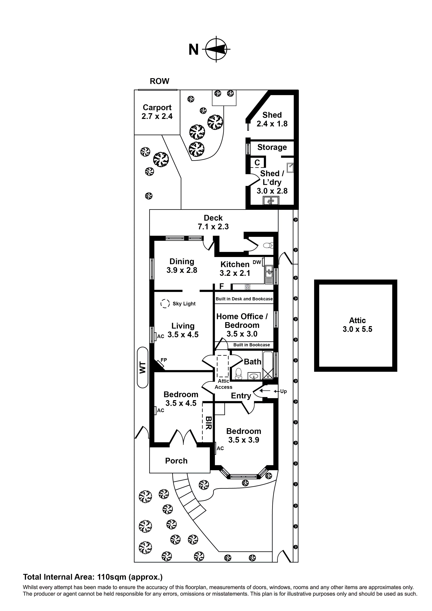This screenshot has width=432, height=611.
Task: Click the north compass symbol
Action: (x=216, y=49)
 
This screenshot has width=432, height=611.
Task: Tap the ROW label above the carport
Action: (x=159, y=81)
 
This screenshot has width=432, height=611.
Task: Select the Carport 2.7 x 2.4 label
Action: (x=157, y=112)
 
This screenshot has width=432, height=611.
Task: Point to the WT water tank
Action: (x=143, y=368)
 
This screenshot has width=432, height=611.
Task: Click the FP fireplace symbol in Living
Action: (x=161, y=364)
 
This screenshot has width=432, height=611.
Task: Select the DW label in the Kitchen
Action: (x=257, y=262)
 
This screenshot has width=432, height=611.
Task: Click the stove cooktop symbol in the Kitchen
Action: (x=248, y=287)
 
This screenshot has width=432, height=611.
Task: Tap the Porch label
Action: (x=176, y=461)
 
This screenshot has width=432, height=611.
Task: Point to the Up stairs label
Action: (x=283, y=391)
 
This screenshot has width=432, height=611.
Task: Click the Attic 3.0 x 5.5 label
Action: (x=357, y=325)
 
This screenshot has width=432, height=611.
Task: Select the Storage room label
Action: (x=272, y=147)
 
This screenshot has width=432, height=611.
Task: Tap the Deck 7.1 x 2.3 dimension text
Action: (x=213, y=227)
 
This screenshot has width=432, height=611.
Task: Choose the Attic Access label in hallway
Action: (x=223, y=384)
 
